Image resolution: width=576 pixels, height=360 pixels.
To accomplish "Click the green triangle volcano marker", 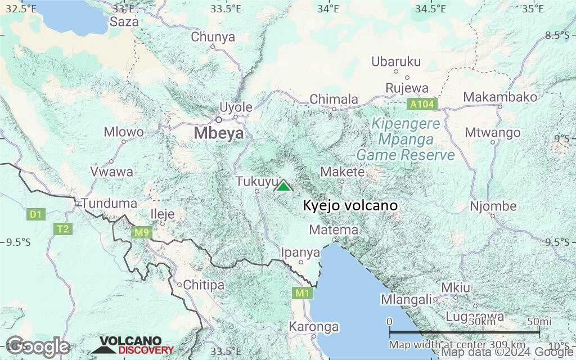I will (283, 186).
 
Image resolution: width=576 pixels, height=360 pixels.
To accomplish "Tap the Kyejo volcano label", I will (350, 206).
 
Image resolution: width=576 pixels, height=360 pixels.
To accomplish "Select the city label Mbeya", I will (219, 133).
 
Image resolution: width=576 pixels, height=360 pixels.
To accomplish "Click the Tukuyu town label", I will (257, 182).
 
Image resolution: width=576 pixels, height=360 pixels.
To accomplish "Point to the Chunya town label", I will (213, 37).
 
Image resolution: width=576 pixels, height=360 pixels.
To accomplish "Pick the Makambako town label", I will (500, 97).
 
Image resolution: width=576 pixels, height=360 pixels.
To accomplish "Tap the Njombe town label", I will (493, 206).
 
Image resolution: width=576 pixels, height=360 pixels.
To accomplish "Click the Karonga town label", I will (313, 327).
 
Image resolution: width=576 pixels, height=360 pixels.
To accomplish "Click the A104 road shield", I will (421, 104).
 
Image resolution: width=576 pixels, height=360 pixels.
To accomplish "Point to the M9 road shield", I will (141, 231).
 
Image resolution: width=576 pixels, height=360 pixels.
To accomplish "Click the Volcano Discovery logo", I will (133, 346).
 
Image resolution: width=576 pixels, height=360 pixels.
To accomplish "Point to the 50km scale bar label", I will (483, 321).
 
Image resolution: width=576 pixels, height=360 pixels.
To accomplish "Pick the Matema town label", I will (334, 230).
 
